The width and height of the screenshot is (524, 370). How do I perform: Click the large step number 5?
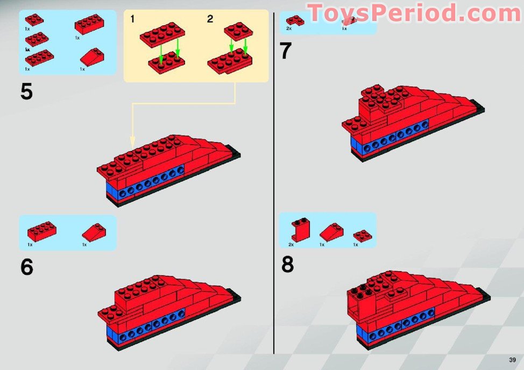tap(26, 91)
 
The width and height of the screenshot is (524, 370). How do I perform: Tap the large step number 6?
tap(27, 267)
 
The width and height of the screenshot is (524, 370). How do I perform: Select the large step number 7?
tap(285, 51)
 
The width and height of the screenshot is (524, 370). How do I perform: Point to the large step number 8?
tap(287, 264)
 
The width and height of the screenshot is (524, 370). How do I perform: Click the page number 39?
tap(512, 360)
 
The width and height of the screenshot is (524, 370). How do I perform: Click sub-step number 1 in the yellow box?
tap(132, 19)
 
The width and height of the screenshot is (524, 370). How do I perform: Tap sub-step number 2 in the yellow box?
tap(210, 19)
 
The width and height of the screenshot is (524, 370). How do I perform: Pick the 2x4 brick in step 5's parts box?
tap(89, 24)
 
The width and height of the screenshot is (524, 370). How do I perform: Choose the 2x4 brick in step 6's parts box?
tap(42, 231)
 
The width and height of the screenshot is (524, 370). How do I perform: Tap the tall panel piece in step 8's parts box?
tap(300, 230)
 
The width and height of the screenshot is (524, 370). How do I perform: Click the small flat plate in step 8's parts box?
tap(363, 236)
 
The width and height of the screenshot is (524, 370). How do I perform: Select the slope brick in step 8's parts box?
tap(331, 232)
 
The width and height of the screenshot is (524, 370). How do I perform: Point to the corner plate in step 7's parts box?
tap(295, 20)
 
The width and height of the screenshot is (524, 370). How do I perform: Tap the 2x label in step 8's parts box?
tap(291, 245)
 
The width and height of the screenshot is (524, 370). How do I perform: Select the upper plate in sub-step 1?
tap(162, 34)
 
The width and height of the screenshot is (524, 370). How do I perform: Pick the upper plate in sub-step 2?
tap(238, 31)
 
